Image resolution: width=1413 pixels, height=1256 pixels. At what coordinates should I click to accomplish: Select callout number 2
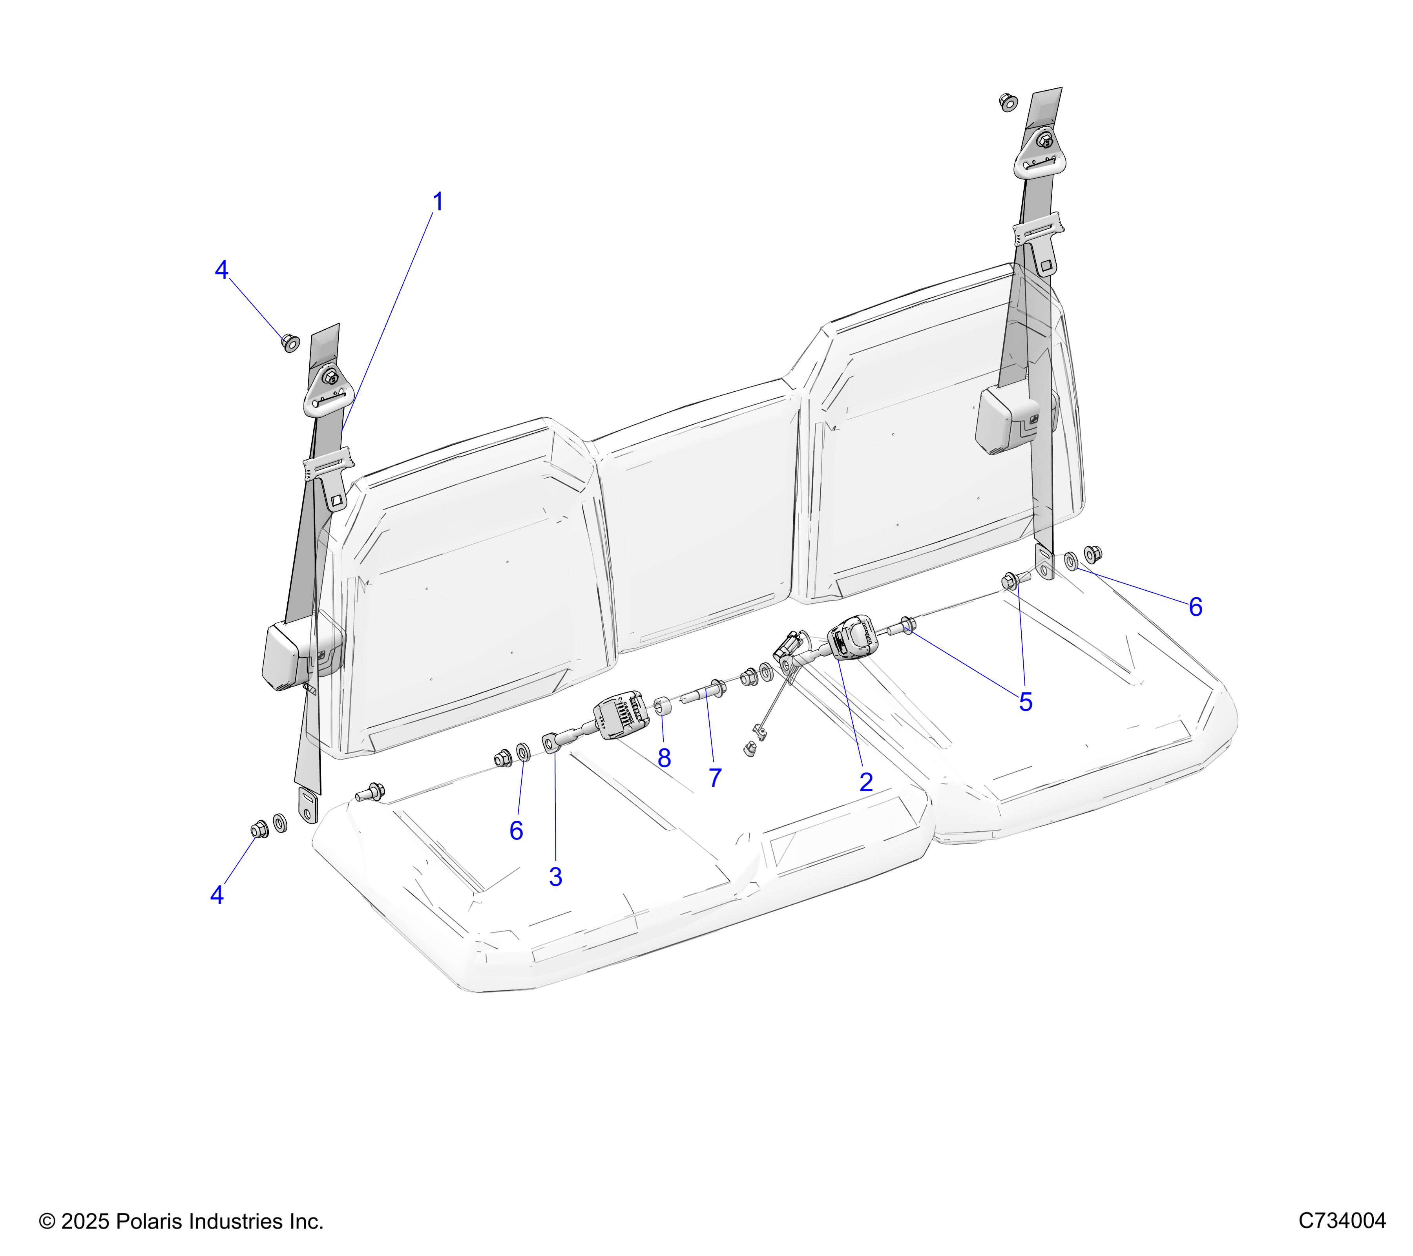point(866,783)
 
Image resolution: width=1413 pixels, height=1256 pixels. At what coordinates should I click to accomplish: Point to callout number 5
point(1026,702)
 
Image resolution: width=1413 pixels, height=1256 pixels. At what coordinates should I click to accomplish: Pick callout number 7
point(716,778)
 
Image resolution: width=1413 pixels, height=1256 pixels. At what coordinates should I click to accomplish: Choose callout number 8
point(665,758)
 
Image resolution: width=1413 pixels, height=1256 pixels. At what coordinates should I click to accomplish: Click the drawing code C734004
point(1342,1221)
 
